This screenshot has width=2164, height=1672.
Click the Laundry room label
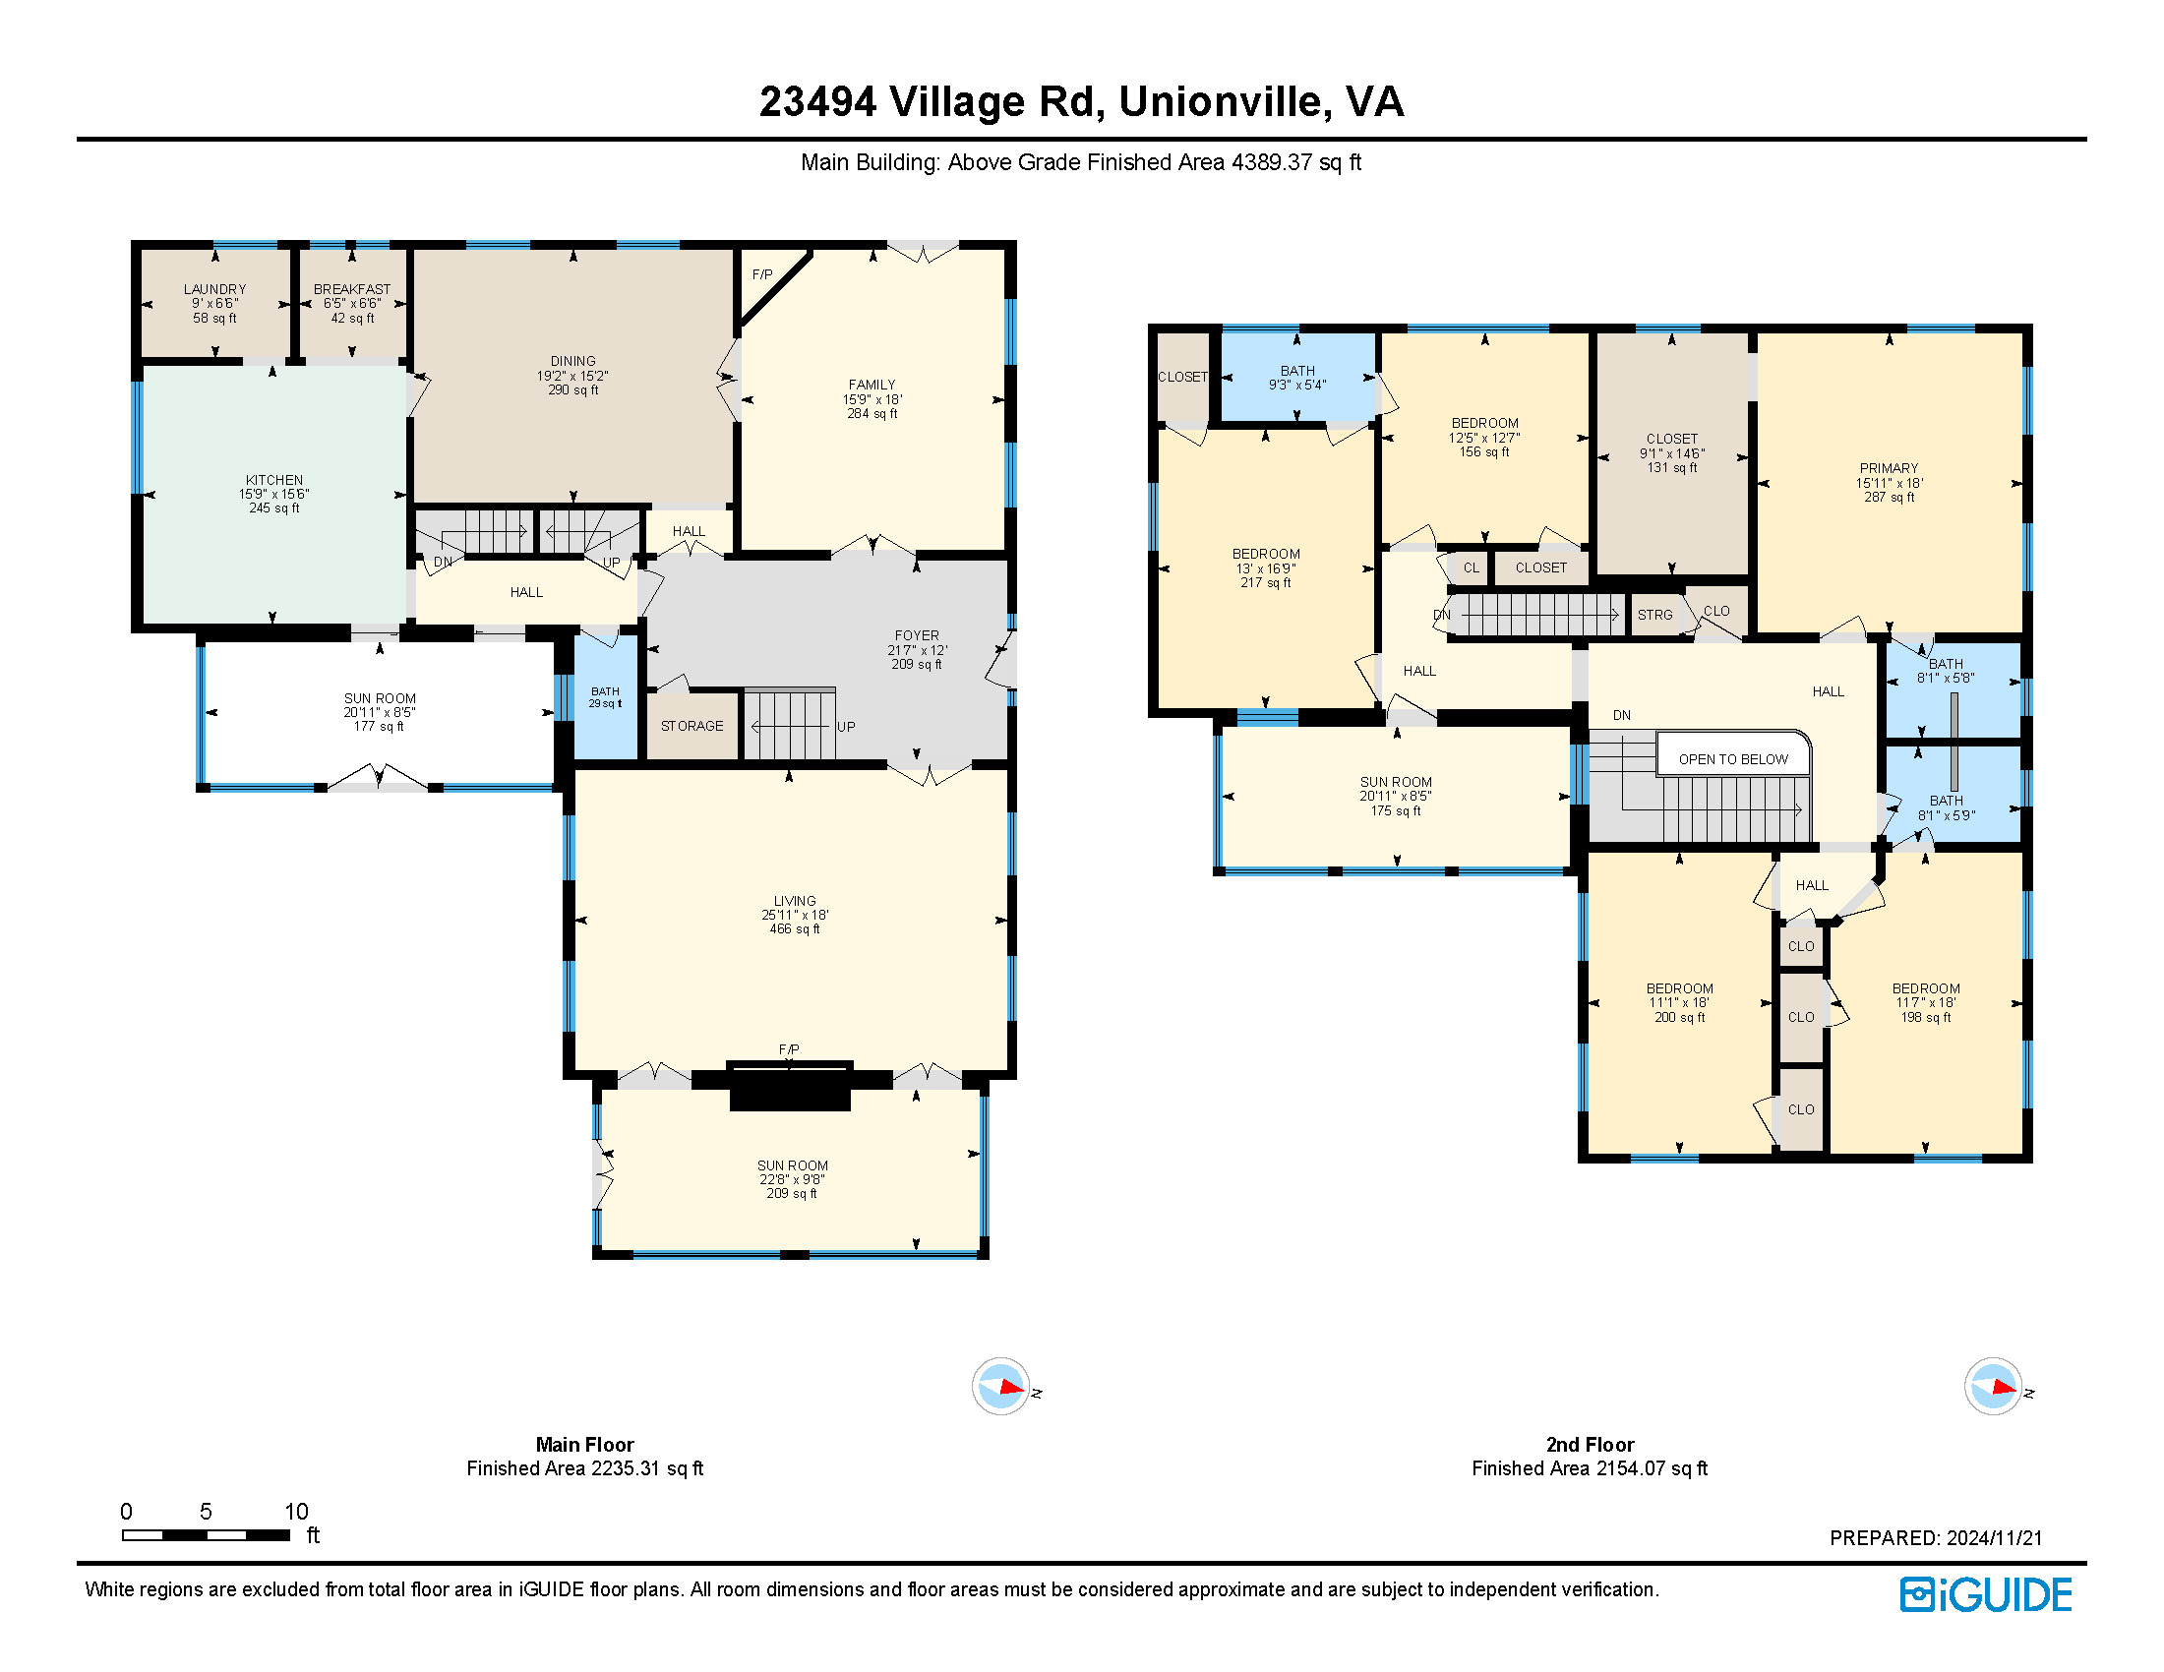[215, 289]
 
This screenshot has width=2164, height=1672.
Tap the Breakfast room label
[352, 289]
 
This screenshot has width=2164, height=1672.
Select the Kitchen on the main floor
[274, 495]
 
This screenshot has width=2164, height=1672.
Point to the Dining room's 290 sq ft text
[573, 390]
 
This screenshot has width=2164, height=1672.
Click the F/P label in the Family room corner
[762, 274]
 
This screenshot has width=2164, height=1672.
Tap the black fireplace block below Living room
[791, 1086]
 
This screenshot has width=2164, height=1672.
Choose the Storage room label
[691, 726]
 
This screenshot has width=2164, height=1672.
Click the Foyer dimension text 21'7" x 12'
[918, 650]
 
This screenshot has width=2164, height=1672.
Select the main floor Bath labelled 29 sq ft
[605, 697]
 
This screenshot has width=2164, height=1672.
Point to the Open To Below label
[1733, 759]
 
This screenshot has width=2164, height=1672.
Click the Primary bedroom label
[1889, 468]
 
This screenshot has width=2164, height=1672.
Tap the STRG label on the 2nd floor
[1654, 615]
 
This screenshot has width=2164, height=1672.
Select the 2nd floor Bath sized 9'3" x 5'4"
[1298, 378]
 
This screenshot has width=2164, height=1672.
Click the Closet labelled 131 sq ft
[1671, 453]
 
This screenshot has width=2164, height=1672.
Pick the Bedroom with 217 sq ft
[1266, 568]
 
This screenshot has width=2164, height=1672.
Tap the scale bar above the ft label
[207, 1535]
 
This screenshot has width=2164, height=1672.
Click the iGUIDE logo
[1986, 1594]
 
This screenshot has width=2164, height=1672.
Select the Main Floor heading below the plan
[584, 1445]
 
